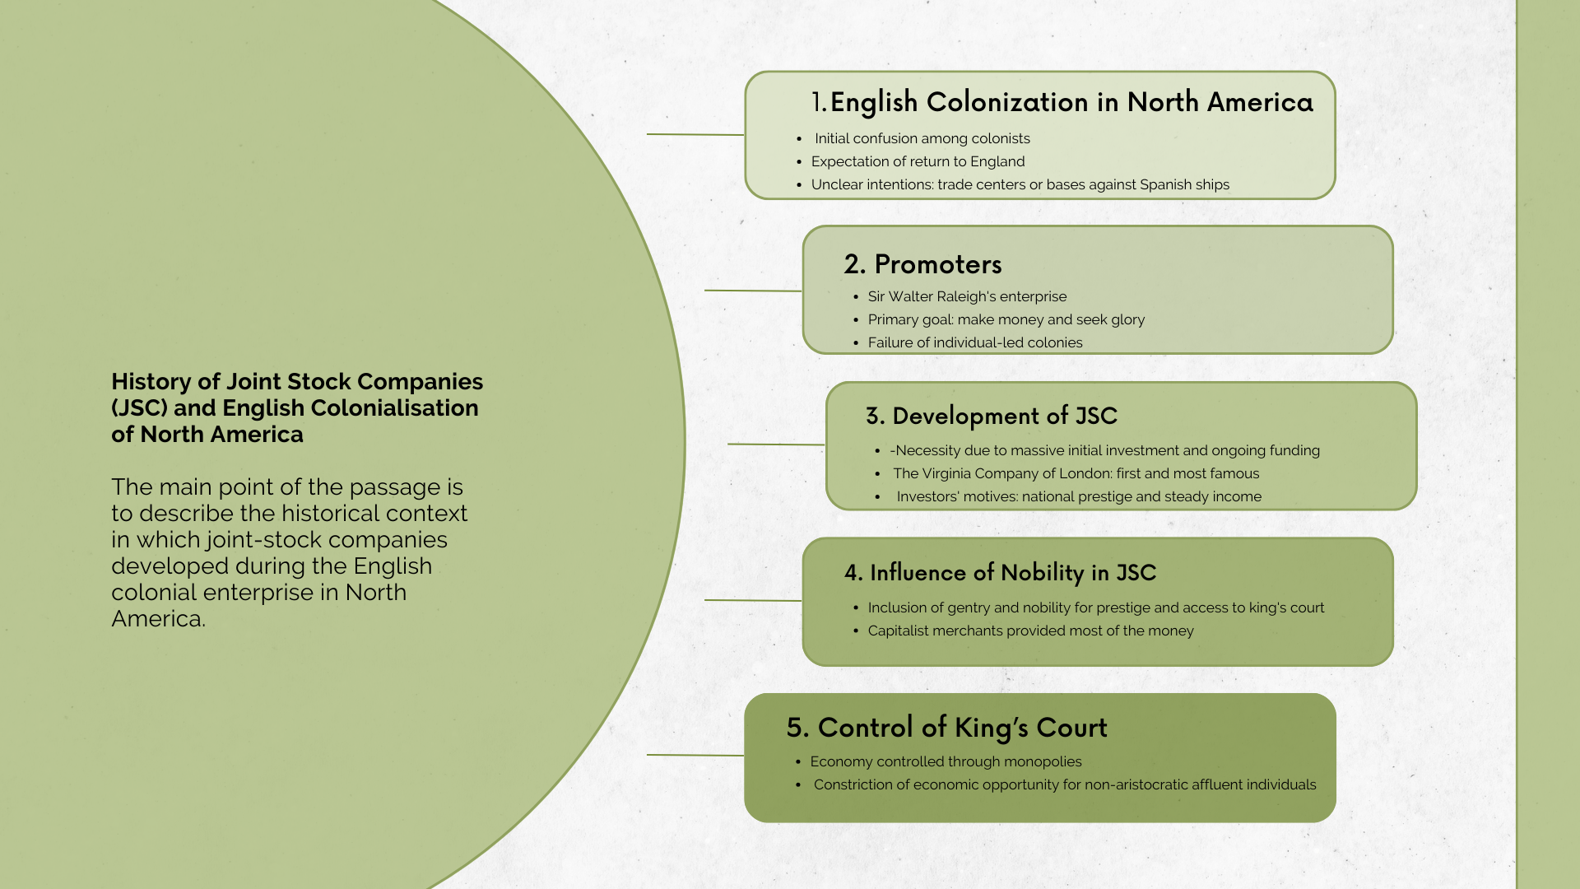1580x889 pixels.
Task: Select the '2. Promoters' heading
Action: point(922,264)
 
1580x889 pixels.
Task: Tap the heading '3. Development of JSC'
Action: point(991,416)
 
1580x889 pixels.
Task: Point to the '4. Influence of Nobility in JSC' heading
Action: point(1000,573)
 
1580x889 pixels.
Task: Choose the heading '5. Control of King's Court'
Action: point(946,728)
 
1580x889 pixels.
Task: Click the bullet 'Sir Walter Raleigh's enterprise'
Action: point(967,296)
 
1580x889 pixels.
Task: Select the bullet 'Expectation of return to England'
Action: point(918,161)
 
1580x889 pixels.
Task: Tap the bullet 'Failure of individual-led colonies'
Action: point(975,342)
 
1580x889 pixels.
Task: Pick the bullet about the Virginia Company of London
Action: point(1076,473)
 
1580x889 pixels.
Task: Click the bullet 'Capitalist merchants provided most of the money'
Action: point(1030,631)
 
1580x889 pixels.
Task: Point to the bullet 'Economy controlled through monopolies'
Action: point(946,761)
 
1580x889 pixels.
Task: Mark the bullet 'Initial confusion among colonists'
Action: point(922,138)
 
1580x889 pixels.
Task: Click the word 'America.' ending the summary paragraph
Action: point(158,619)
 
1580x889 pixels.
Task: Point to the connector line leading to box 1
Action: point(695,134)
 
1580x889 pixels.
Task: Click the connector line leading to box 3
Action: point(776,444)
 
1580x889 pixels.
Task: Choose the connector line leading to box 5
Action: point(695,755)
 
